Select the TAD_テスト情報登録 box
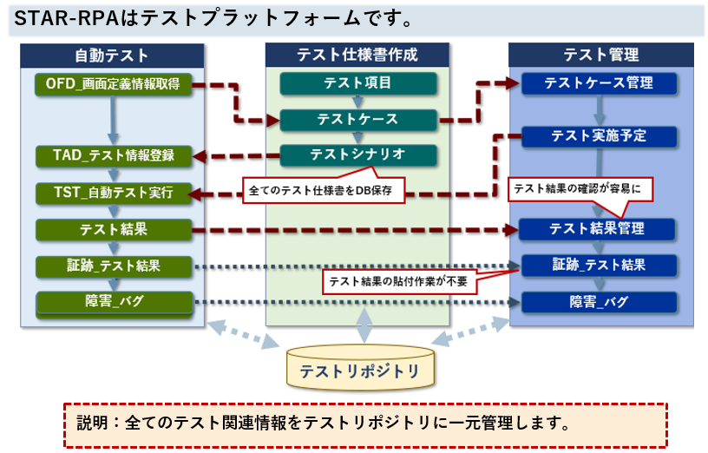[113, 156]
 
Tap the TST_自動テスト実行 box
[113, 193]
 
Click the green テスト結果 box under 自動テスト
[113, 229]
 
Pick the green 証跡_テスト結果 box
[113, 266]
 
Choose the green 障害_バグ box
[113, 302]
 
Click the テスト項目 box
[357, 83]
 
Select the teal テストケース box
[357, 119]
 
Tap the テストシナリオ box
[357, 154]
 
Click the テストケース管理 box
[598, 83]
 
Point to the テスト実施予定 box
[598, 135]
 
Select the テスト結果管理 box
[598, 229]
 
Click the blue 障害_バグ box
[598, 302]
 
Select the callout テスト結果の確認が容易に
[578, 187]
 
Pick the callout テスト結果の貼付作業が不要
[400, 280]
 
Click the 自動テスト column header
[113, 55]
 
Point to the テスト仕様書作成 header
[357, 55]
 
